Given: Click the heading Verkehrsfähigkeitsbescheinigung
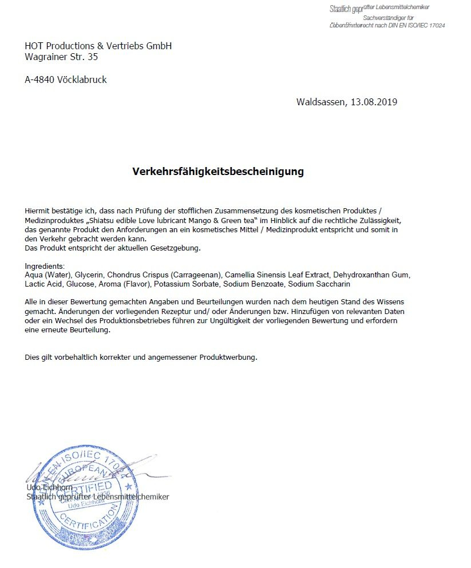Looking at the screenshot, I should pyautogui.click(x=218, y=172).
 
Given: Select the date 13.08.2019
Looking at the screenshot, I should pyautogui.click(x=375, y=102).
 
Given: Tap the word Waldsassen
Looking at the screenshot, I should pyautogui.click(x=319, y=102).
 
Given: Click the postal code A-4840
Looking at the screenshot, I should pyautogui.click(x=40, y=80).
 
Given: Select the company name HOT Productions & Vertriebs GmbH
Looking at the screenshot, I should pyautogui.click(x=98, y=46).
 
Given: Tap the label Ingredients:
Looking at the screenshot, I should pyautogui.click(x=45, y=267).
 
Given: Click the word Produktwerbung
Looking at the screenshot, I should pyautogui.click(x=228, y=358).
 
